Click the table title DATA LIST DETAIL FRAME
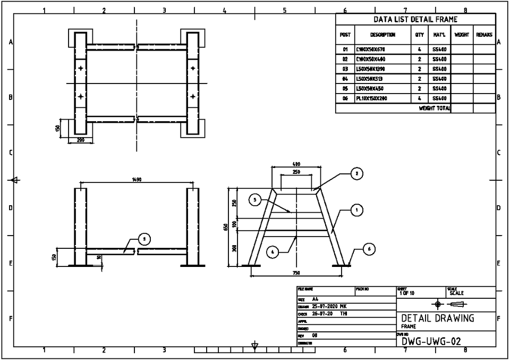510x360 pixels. [415, 20]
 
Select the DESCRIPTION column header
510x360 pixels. [382, 35]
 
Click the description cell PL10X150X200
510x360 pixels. [371, 98]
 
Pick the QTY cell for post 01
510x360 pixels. [419, 49]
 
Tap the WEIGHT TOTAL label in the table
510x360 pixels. [435, 108]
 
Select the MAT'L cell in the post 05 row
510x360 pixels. [439, 89]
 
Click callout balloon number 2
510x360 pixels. [358, 173]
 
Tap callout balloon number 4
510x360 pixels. [272, 252]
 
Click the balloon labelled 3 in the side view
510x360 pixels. [144, 239]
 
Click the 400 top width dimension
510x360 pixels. [296, 164]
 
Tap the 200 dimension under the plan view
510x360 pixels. [81, 140]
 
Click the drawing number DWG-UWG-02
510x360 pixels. [431, 341]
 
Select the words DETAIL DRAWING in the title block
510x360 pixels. [438, 318]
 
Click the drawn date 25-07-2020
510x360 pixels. [324, 306]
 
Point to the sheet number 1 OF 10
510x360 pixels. [407, 292]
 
